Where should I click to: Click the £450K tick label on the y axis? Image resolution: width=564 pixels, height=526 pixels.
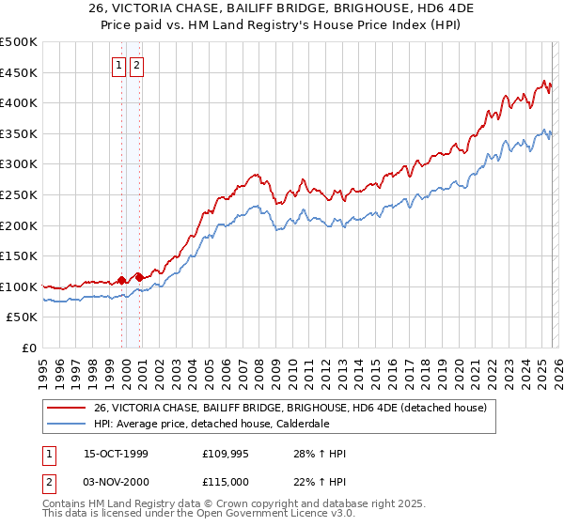(18, 72)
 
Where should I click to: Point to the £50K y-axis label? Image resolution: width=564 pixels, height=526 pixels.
(21, 317)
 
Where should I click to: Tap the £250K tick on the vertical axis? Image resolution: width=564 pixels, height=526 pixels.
(18, 194)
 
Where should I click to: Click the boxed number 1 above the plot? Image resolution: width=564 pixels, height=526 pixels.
(120, 66)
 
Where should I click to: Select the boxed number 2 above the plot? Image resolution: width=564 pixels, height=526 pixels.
(137, 66)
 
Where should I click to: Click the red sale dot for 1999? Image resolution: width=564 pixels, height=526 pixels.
(122, 280)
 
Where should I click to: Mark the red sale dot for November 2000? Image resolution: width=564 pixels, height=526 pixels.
(139, 277)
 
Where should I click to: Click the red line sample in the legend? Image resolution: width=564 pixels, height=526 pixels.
(67, 408)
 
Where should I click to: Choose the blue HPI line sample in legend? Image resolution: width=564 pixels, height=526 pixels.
(67, 424)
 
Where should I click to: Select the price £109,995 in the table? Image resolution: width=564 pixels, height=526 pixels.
(225, 454)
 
